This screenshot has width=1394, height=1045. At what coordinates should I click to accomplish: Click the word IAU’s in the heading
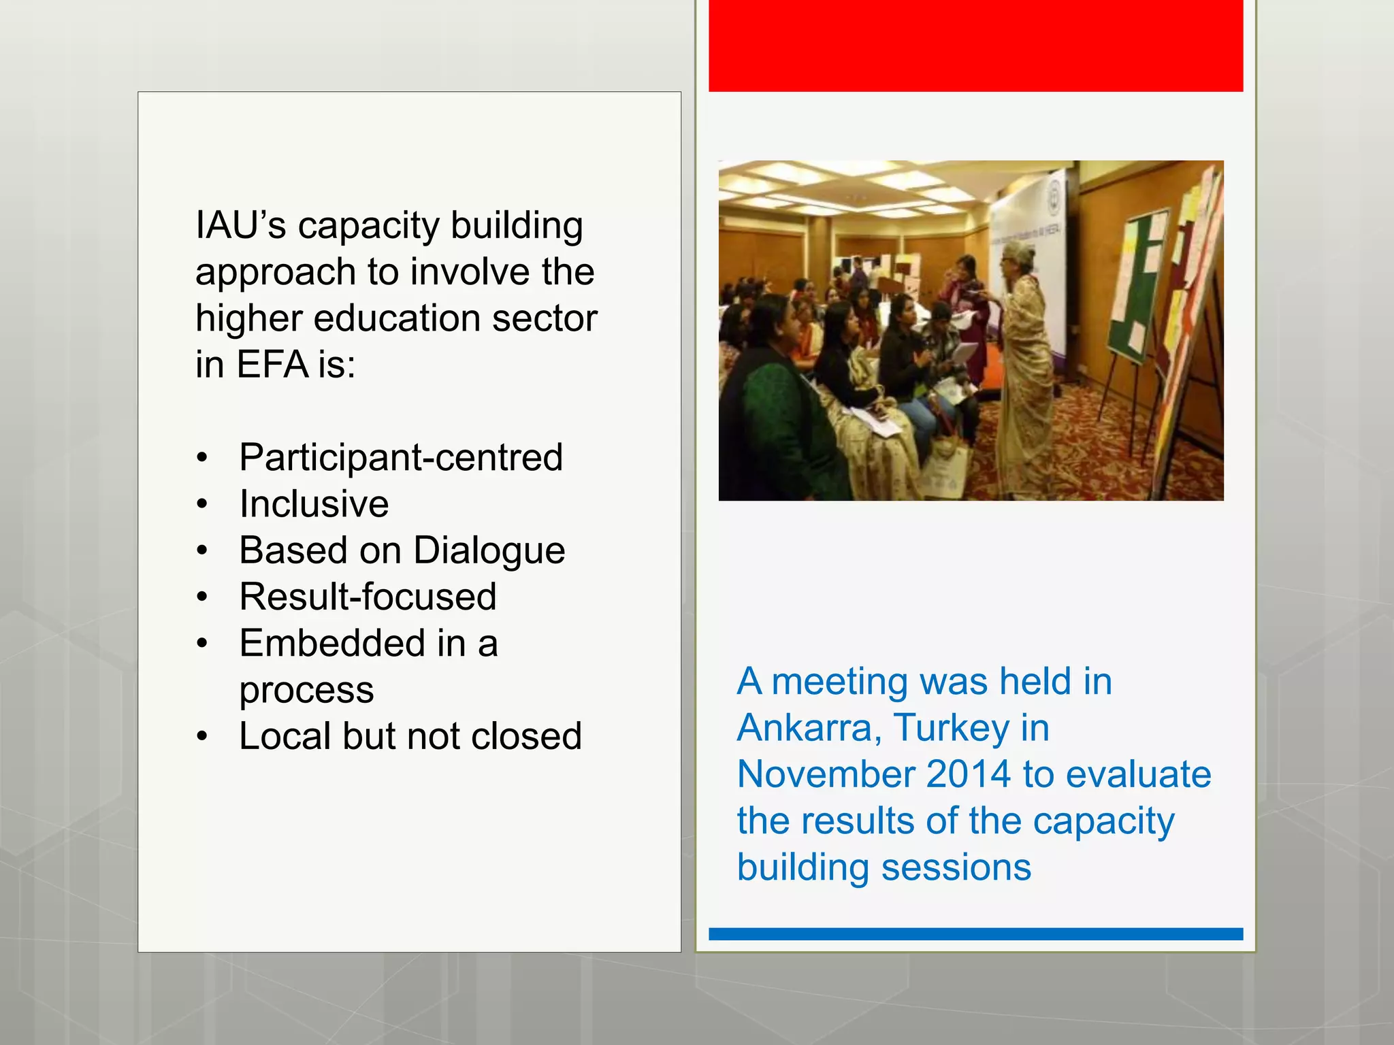point(240,226)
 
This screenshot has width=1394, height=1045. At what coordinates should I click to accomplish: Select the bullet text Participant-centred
point(401,457)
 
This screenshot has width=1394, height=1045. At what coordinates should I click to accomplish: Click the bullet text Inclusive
point(314,504)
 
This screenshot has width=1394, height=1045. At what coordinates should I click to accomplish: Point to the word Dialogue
point(489,550)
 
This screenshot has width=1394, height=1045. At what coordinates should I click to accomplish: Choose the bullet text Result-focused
point(368,597)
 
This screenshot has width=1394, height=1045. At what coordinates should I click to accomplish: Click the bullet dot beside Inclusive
point(201,505)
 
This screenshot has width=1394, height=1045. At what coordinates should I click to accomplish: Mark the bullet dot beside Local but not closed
point(201,737)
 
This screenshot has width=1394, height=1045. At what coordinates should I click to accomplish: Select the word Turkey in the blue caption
point(952,728)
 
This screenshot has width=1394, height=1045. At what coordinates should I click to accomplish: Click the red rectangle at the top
point(975,45)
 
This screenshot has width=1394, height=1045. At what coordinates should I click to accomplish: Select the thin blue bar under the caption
point(975,934)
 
